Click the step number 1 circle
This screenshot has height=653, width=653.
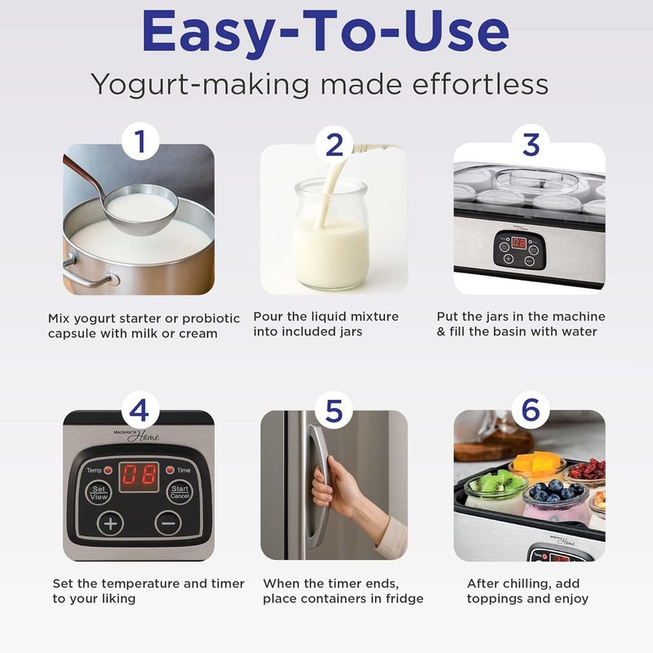[139, 144]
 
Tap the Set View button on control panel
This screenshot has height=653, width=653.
[99, 492]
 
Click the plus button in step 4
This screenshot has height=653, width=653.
[110, 523]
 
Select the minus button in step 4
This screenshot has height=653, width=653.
[167, 523]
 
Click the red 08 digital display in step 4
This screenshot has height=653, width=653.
[139, 477]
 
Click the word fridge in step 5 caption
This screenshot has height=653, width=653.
[403, 599]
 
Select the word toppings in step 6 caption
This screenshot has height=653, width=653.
[499, 599]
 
